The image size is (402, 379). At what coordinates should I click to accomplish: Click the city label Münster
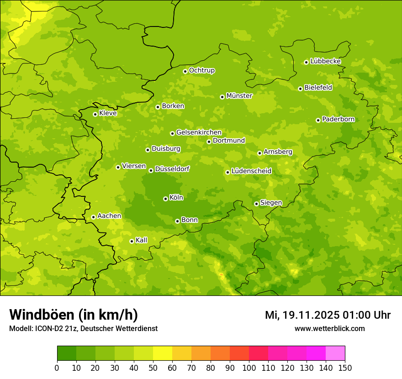coord(239,96)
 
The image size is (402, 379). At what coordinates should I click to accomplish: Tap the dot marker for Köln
coord(165,199)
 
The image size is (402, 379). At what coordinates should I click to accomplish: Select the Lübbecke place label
coord(325,61)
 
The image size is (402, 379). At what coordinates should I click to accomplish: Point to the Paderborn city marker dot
coord(318,120)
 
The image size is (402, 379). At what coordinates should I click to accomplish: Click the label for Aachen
coord(109,216)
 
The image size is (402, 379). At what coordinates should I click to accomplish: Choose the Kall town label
coord(141,240)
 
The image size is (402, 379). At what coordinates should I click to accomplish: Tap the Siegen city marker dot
coord(256,204)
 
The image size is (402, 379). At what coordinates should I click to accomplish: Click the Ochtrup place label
coord(201,70)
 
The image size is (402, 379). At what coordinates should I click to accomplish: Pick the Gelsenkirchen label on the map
coord(199,132)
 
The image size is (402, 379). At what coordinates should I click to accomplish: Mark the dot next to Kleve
coord(95,114)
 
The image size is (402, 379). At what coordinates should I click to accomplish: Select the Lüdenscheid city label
coord(251,171)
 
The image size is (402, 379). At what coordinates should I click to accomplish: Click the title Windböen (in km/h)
coord(74,315)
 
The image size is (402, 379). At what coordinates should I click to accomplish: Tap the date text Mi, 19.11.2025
coord(301,315)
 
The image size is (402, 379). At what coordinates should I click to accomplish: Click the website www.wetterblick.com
coord(329,328)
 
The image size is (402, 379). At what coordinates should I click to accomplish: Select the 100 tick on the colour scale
coord(249,368)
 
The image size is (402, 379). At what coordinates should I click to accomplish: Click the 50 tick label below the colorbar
coord(153,368)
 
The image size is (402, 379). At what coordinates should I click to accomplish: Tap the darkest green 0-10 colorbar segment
coord(67,353)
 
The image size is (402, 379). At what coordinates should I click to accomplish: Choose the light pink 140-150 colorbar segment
coord(335,353)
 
